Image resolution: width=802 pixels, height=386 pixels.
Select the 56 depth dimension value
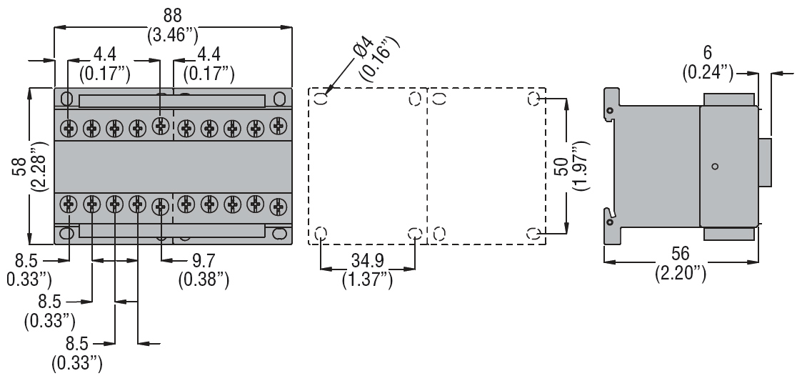click(681, 254)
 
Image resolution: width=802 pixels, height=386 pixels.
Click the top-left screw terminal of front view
click(69, 128)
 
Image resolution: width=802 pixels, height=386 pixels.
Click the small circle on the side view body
click(716, 167)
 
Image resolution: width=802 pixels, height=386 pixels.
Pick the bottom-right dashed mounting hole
click(533, 233)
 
